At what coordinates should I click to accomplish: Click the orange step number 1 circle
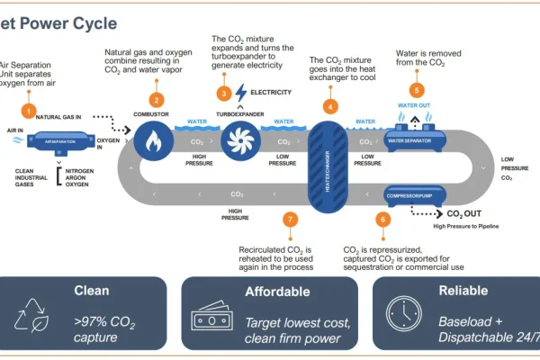click(x=30, y=111)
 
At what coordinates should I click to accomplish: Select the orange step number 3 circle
click(x=224, y=93)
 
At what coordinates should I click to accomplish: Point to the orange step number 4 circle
click(x=331, y=104)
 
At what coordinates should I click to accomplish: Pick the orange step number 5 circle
click(x=416, y=90)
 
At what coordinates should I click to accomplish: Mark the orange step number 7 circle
click(x=289, y=219)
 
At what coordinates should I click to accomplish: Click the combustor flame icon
click(x=152, y=139)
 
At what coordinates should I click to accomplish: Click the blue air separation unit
click(x=57, y=141)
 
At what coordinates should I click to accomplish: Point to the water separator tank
click(x=417, y=140)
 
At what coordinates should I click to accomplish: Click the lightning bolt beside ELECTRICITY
click(x=240, y=92)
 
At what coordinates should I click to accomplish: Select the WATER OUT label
click(x=415, y=105)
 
